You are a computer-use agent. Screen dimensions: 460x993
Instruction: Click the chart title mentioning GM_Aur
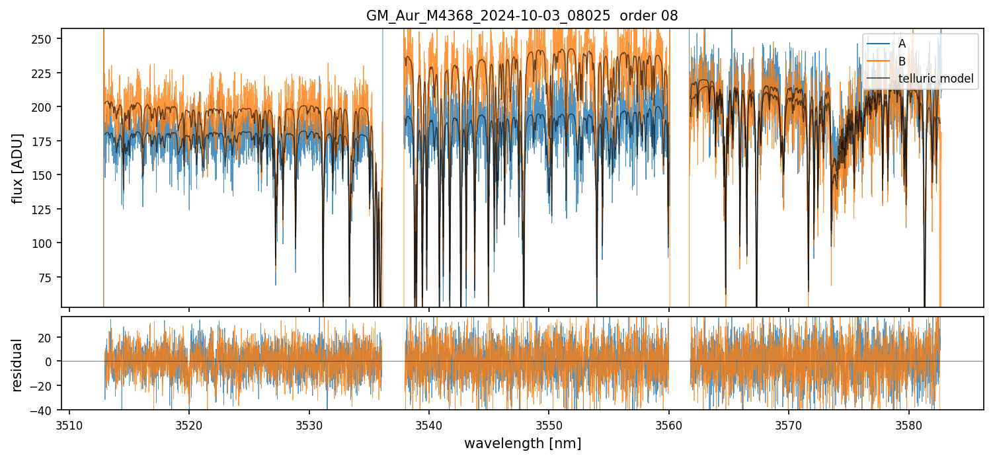pos(522,16)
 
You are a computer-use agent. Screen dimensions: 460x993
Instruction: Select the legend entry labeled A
pos(902,44)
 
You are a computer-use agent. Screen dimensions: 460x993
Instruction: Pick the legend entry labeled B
pos(902,61)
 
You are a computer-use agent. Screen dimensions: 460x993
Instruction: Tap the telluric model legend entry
pos(935,79)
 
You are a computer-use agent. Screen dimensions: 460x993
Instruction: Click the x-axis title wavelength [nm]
pos(522,443)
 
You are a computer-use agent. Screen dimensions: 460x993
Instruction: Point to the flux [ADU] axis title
pos(17,168)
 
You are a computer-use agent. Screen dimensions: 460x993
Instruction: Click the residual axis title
pos(17,365)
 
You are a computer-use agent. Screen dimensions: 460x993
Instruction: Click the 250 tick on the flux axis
pos(46,38)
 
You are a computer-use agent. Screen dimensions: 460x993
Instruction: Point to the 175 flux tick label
pos(46,141)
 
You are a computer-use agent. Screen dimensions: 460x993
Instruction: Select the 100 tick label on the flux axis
pos(46,243)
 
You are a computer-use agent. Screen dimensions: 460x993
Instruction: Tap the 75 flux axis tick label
pos(49,278)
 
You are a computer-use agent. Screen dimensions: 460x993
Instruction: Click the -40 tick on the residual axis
pos(46,410)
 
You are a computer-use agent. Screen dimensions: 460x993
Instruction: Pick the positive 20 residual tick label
pos(48,337)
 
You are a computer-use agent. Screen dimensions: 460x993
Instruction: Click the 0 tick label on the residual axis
pos(52,362)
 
